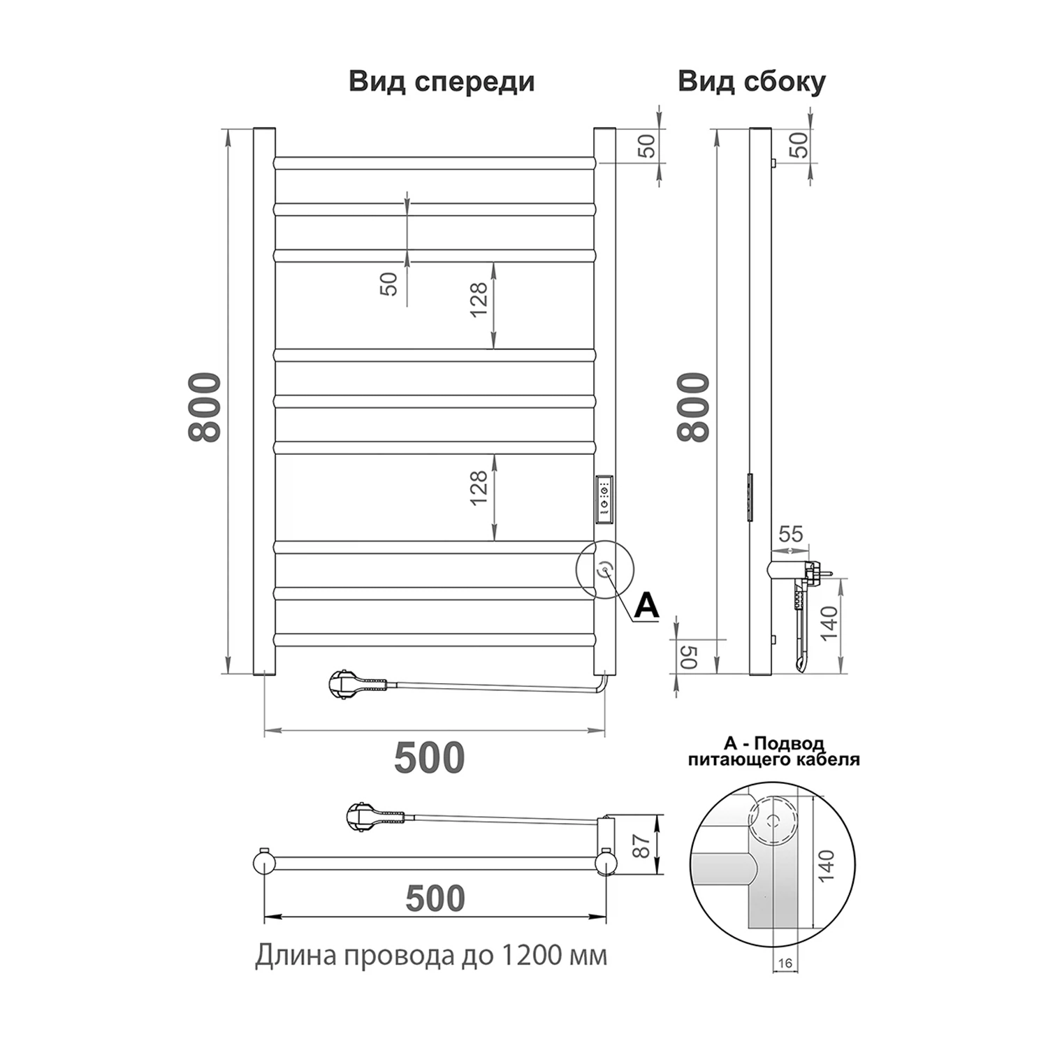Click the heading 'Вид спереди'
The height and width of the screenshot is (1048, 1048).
pyautogui.click(x=442, y=82)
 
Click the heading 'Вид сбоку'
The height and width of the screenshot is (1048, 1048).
pyautogui.click(x=751, y=82)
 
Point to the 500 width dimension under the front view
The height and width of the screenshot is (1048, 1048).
pyautogui.click(x=429, y=758)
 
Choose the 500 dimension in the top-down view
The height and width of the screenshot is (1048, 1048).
pyautogui.click(x=435, y=898)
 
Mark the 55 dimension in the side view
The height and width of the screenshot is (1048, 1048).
pyautogui.click(x=790, y=534)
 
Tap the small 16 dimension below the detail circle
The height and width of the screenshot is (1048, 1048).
pyautogui.click(x=785, y=963)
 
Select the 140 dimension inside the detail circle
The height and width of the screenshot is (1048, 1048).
pyautogui.click(x=826, y=866)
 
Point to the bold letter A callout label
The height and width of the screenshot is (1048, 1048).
pyautogui.click(x=646, y=606)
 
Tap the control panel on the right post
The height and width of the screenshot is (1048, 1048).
pyautogui.click(x=604, y=500)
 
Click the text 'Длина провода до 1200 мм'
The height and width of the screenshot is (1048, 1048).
pyautogui.click(x=430, y=955)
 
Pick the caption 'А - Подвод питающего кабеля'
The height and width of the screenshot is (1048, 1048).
pyautogui.click(x=773, y=751)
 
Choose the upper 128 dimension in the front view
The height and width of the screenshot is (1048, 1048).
pyautogui.click(x=479, y=300)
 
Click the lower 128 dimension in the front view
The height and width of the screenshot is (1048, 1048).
pyautogui.click(x=479, y=488)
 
